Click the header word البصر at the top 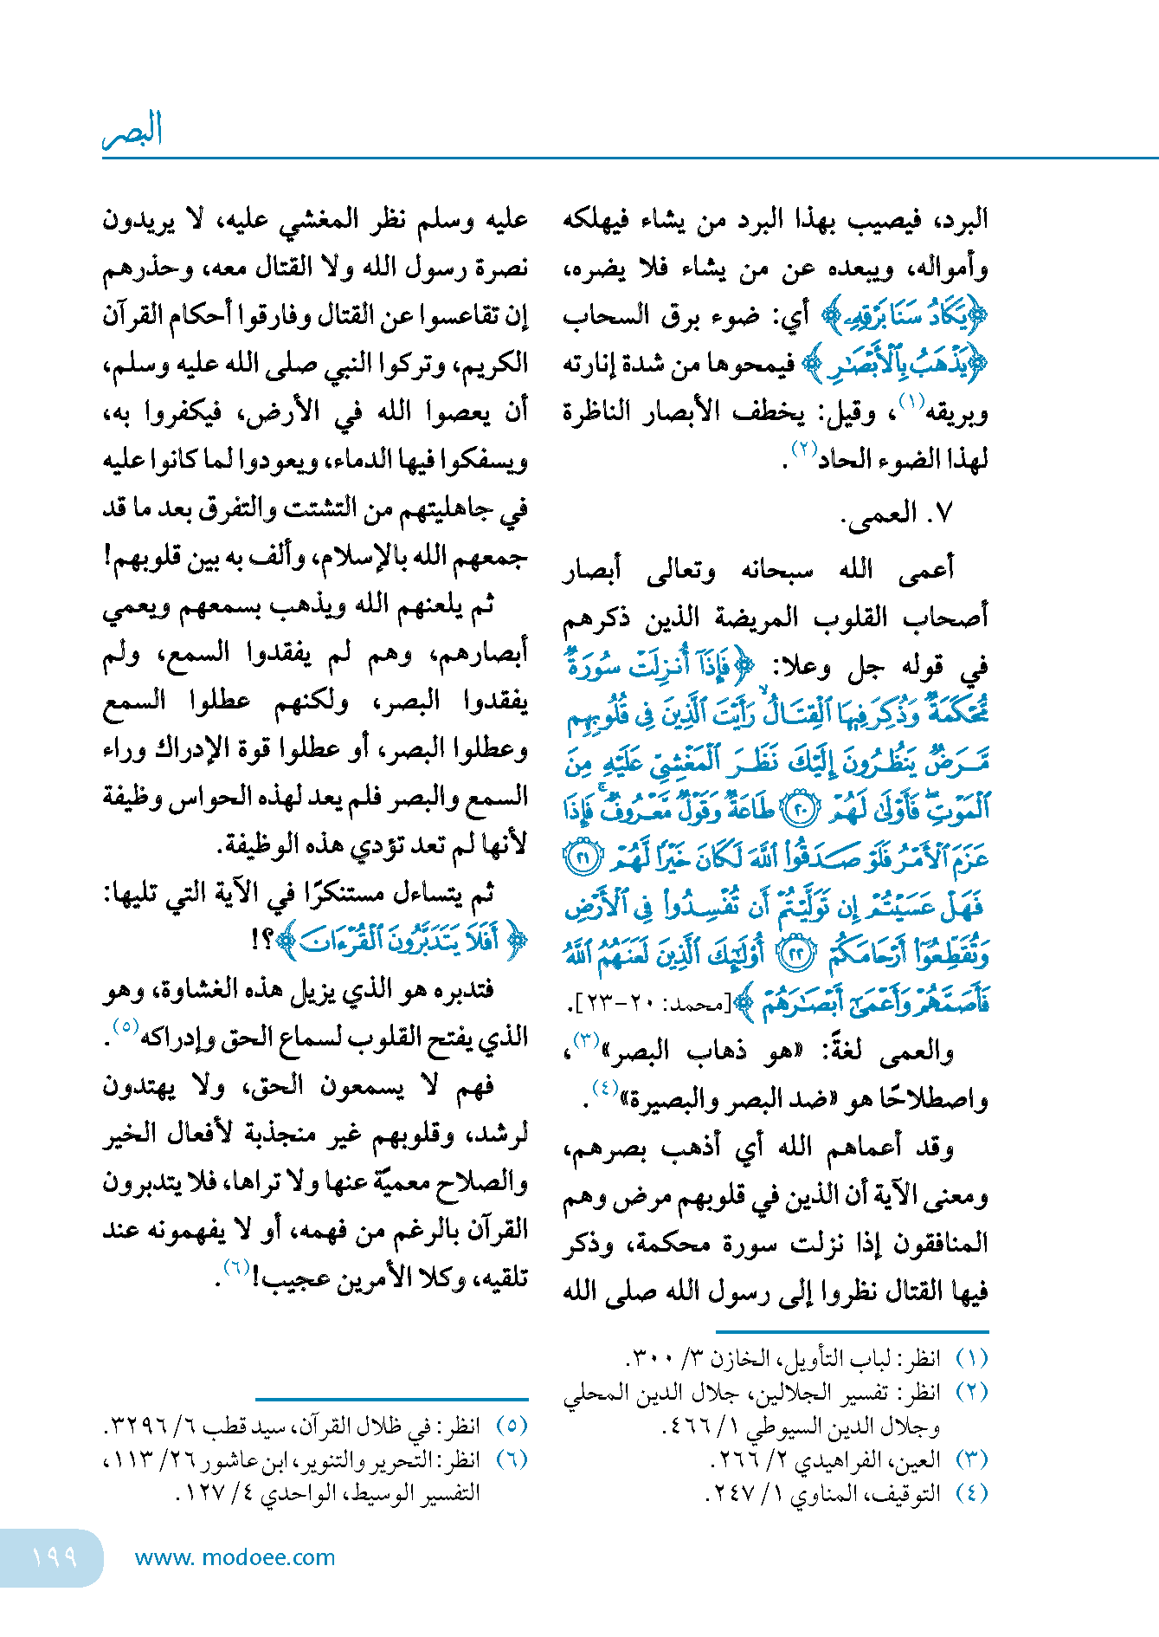point(133,131)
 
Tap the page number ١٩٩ point(54,1556)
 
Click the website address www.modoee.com point(235,1557)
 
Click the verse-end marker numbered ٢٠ point(798,810)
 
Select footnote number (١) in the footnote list point(972,1357)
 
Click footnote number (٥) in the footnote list point(512,1425)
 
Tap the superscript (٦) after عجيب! point(236,1267)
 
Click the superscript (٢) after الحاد point(805,449)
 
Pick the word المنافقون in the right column point(939,1245)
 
